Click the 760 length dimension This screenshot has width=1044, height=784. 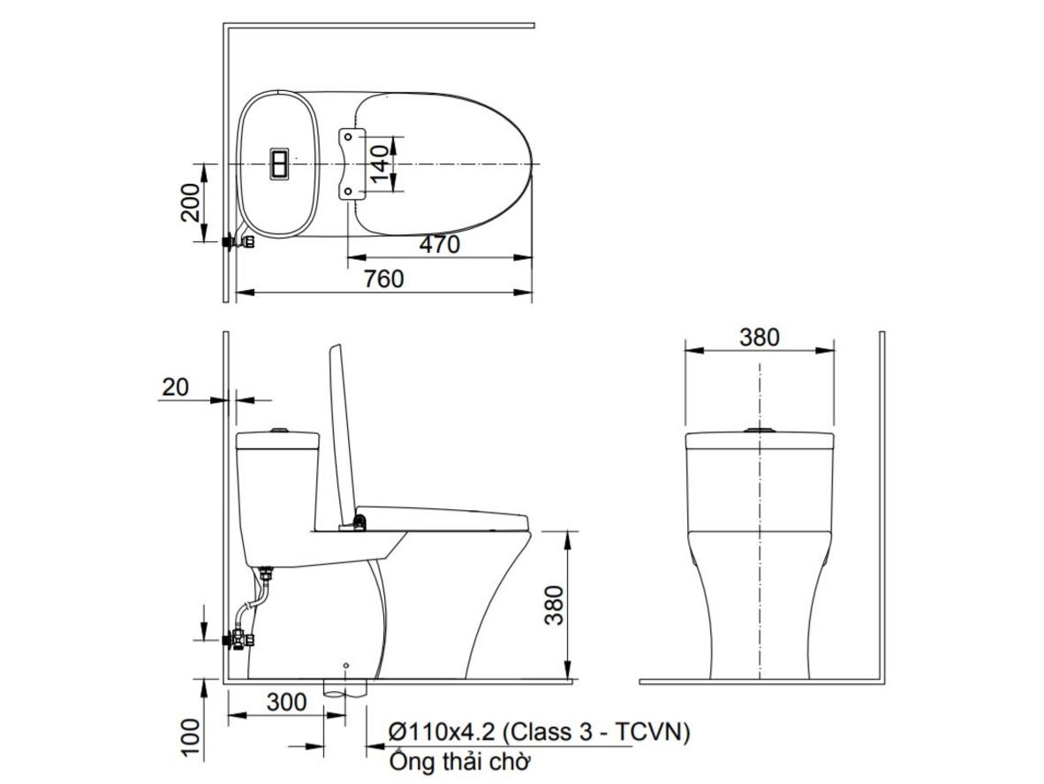(x=383, y=278)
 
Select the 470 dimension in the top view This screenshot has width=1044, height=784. (x=440, y=245)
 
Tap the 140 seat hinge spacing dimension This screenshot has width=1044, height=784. (x=379, y=164)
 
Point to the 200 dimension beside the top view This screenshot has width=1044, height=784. (x=191, y=202)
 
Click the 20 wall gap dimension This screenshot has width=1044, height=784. (x=175, y=387)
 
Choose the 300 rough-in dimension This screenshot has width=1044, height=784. (x=287, y=702)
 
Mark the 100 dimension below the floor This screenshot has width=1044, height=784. (x=191, y=737)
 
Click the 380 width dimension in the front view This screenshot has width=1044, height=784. (x=759, y=337)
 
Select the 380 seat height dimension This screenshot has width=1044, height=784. (x=554, y=605)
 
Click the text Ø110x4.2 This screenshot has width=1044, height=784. (x=442, y=733)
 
